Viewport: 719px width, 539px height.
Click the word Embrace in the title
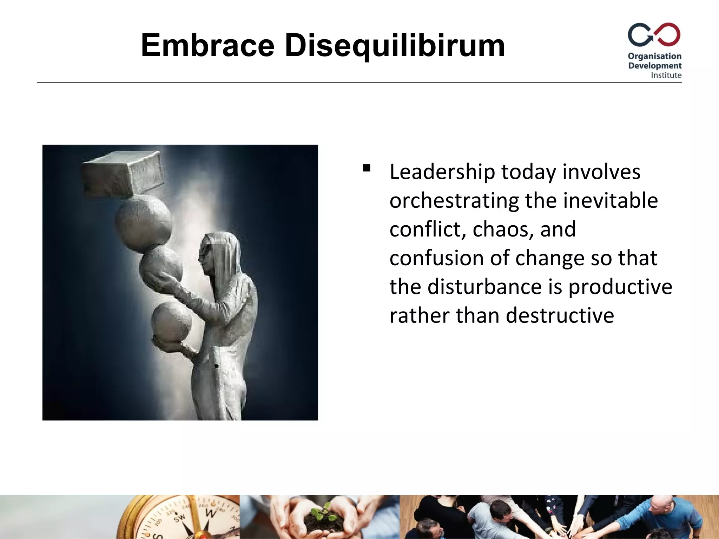point(207,46)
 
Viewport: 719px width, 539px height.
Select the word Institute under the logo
point(666,75)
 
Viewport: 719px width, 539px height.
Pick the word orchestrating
point(454,201)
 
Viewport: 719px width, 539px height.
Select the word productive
point(620,287)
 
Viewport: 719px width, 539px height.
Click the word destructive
point(560,315)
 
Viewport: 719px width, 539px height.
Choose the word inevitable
point(610,201)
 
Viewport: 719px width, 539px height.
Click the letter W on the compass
point(211,513)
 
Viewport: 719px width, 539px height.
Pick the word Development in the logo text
point(655,66)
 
